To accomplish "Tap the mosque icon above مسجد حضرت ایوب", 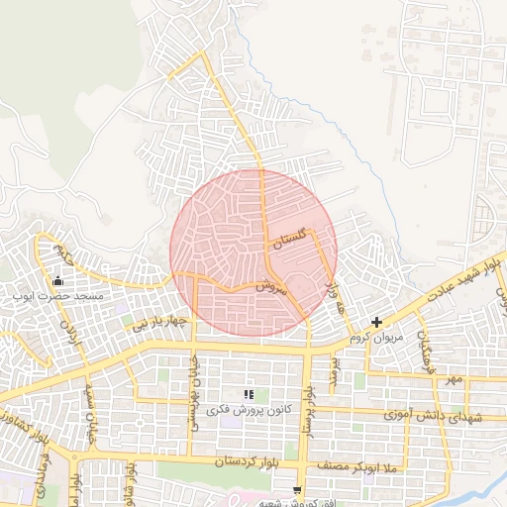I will click(x=57, y=280).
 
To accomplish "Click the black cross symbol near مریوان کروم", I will click(x=376, y=323).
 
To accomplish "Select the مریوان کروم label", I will click(x=377, y=338).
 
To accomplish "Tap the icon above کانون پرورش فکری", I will click(x=248, y=395).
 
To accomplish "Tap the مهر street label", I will click(x=454, y=379).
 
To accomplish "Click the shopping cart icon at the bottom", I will click(x=298, y=490).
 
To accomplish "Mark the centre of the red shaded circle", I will click(x=253, y=253).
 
